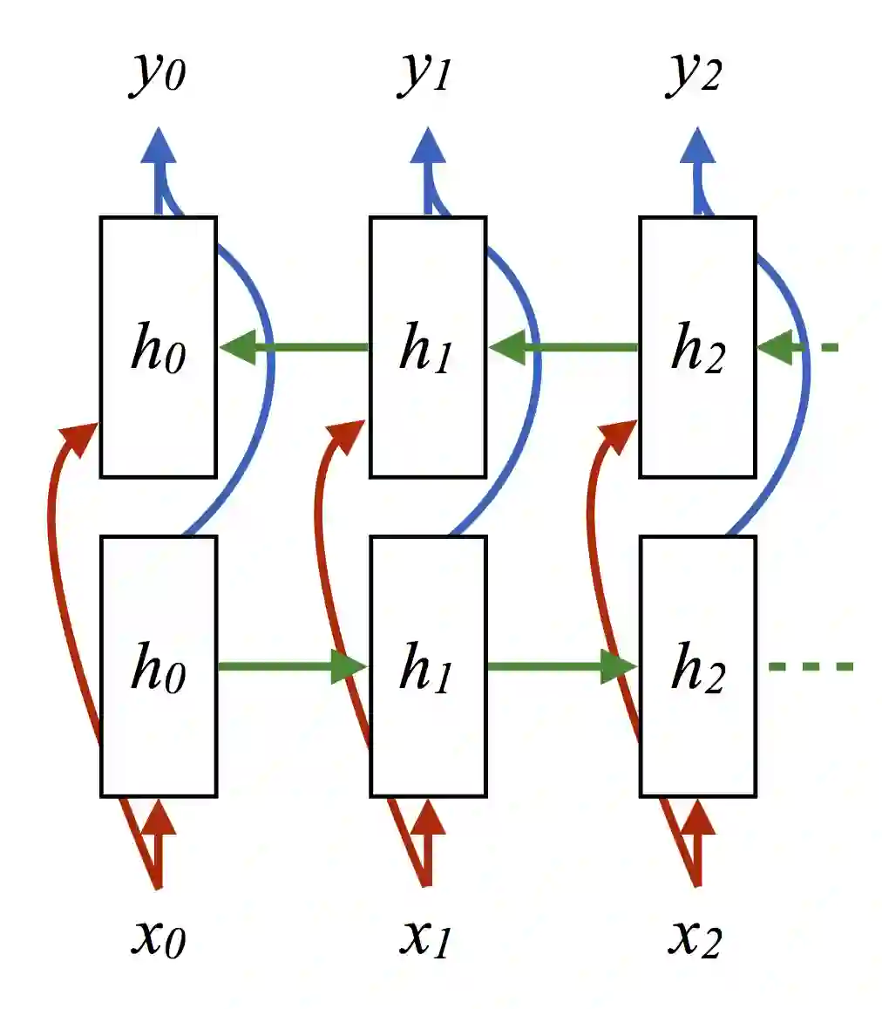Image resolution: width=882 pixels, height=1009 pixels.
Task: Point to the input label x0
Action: [158, 937]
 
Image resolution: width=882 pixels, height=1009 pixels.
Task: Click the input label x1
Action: [425, 937]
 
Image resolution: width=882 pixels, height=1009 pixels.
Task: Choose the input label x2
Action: [695, 937]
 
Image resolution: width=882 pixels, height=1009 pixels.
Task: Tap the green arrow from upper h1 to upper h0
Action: [296, 347]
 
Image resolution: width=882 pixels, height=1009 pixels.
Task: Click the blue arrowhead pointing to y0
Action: [158, 146]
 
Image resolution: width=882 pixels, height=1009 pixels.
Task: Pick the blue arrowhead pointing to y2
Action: [696, 146]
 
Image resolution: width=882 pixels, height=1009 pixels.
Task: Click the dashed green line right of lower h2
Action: [811, 667]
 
